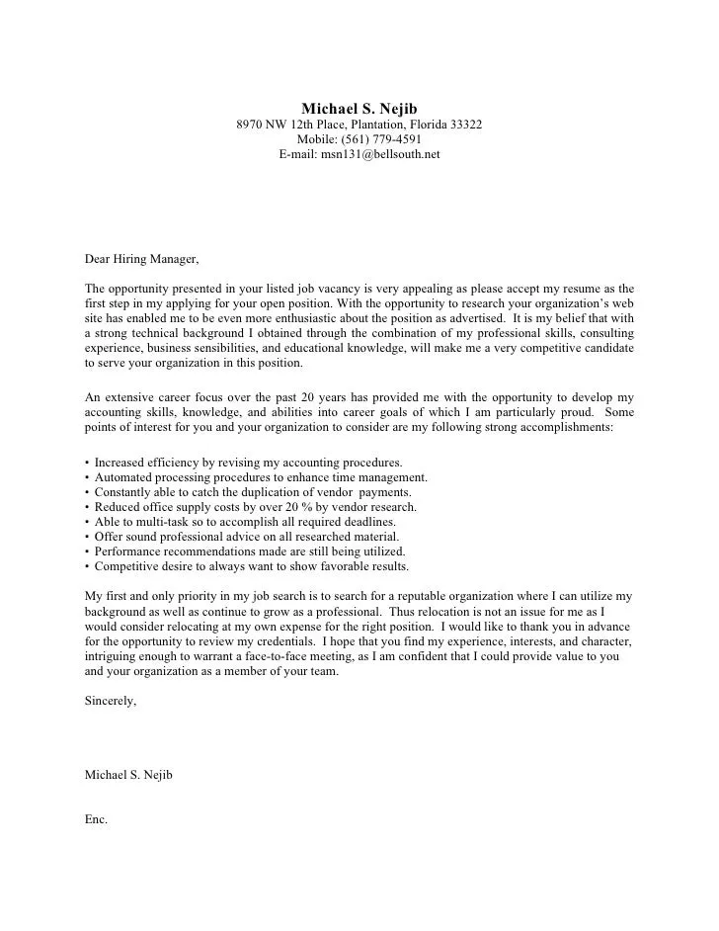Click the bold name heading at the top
click(x=359, y=108)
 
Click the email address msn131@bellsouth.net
click(x=359, y=154)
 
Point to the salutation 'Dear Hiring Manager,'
click(x=142, y=260)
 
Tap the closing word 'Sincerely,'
click(x=112, y=701)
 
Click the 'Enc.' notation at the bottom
click(x=97, y=820)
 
